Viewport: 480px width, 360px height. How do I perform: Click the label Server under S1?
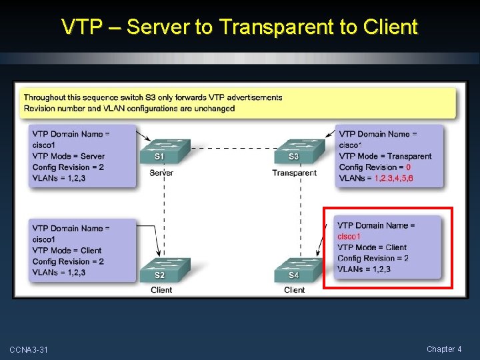coord(161,173)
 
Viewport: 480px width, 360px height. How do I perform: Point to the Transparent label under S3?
coord(294,173)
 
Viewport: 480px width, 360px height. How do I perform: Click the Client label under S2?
coord(161,290)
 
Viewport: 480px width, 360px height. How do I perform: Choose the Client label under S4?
coord(294,290)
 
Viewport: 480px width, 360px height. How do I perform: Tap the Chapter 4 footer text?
coord(444,349)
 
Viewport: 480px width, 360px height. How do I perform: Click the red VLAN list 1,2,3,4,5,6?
coord(393,179)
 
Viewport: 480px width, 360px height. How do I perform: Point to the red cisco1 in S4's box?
coord(349,237)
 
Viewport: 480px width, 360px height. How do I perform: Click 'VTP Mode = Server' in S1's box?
coord(69,156)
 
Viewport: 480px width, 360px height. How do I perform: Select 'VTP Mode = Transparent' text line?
coord(385,156)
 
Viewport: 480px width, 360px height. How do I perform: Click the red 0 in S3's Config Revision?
coord(408,167)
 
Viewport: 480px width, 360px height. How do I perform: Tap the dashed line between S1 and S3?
coord(230,147)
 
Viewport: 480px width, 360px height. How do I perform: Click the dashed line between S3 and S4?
coord(301,213)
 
